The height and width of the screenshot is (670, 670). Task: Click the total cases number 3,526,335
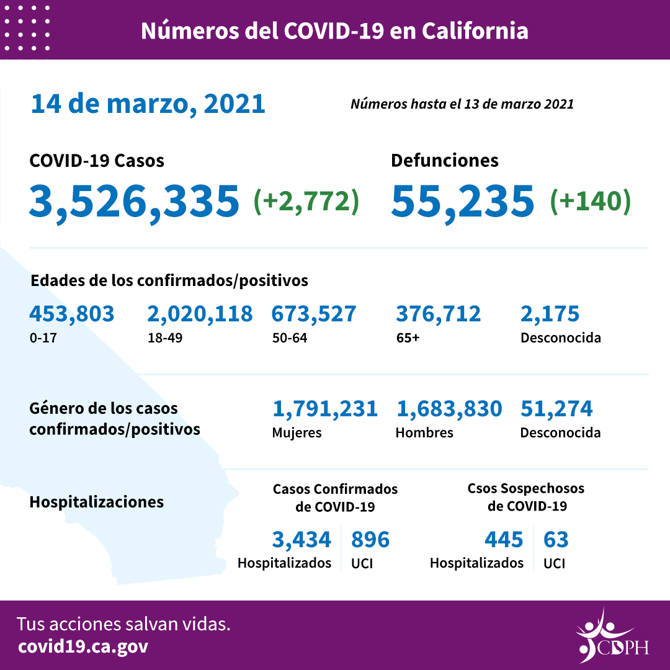[x=133, y=200]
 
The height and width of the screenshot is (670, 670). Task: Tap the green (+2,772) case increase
[x=306, y=201]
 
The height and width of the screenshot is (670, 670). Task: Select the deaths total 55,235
[x=462, y=200]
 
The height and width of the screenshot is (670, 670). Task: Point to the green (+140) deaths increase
[x=590, y=201]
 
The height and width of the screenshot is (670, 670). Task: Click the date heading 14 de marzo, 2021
[x=148, y=104]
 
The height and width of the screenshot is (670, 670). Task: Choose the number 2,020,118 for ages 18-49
[x=200, y=314]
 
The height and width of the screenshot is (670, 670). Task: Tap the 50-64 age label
[x=289, y=339]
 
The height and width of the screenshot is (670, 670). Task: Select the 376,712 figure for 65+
[x=438, y=314]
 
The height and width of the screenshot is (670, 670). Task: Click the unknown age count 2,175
[x=550, y=314]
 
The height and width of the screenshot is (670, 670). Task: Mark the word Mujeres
[x=297, y=432]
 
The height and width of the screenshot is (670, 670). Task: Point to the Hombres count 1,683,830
[x=449, y=409]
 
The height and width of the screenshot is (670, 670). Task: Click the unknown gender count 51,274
[x=556, y=409]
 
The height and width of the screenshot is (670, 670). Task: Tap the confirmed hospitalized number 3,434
[x=301, y=540]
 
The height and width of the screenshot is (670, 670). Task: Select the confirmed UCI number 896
[x=370, y=540]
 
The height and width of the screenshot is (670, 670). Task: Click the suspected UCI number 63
[x=556, y=540]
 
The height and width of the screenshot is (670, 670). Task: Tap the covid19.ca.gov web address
[x=83, y=647]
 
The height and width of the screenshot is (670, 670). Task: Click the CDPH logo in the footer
[x=611, y=636]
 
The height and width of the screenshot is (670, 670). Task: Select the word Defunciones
[x=444, y=160]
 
